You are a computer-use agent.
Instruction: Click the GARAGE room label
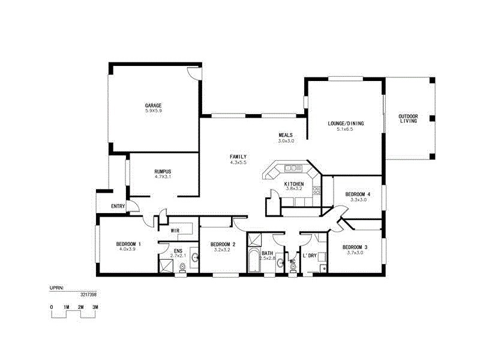click(x=153, y=106)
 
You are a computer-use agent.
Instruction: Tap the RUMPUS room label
click(x=163, y=171)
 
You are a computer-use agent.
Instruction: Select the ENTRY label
click(x=118, y=206)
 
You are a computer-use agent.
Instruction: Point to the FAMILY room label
click(x=238, y=157)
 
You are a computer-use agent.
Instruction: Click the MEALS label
click(x=286, y=135)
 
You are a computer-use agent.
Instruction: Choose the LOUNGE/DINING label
click(x=346, y=124)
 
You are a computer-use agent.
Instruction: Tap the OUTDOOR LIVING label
click(x=409, y=119)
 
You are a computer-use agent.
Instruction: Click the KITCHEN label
click(x=294, y=184)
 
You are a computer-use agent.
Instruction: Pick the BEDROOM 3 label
click(x=355, y=247)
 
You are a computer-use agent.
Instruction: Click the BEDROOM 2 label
click(x=223, y=244)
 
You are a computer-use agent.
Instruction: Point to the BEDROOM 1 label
click(x=128, y=244)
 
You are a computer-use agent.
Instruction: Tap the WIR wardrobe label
click(x=175, y=230)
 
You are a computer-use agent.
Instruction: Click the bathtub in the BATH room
click(x=253, y=262)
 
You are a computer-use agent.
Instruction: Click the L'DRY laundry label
click(x=309, y=256)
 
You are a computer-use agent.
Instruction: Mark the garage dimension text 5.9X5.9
click(x=153, y=111)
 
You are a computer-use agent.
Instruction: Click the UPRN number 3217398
click(x=88, y=295)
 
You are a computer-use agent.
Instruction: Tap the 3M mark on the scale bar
click(x=95, y=307)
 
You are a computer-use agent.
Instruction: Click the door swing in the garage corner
click(x=193, y=73)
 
